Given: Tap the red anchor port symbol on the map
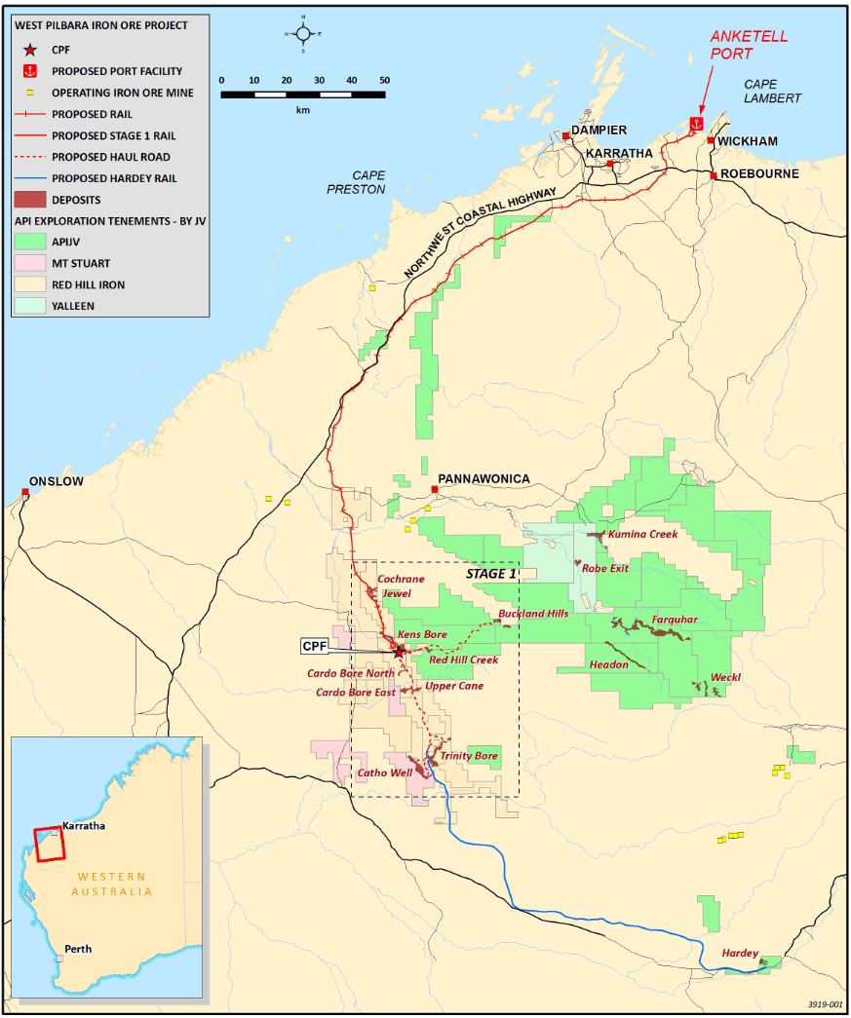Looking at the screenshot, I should (x=696, y=124).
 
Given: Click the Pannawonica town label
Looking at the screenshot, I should (x=484, y=478).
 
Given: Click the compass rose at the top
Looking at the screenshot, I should (x=303, y=33).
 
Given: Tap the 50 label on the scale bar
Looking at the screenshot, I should (x=384, y=80).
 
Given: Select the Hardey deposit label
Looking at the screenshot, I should (x=739, y=953).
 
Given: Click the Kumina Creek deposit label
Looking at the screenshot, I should (x=642, y=535).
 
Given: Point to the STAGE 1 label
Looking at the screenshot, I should (x=491, y=574).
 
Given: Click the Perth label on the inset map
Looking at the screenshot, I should (x=77, y=949).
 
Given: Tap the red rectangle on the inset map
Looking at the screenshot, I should (x=49, y=845).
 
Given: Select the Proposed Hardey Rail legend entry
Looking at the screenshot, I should (x=114, y=178).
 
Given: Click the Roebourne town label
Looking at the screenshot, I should (x=759, y=173).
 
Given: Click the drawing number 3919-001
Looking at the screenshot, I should (x=825, y=1004).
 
